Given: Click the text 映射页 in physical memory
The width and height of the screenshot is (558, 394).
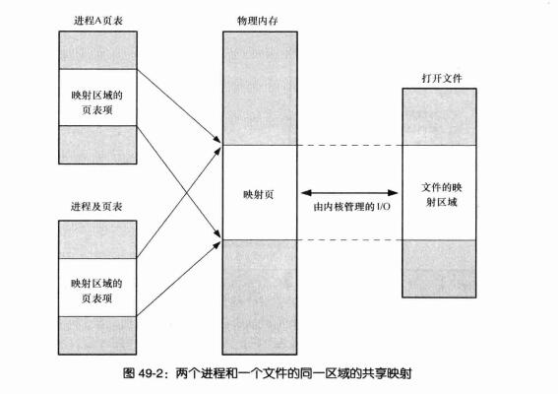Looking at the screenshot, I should point(258,194).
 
